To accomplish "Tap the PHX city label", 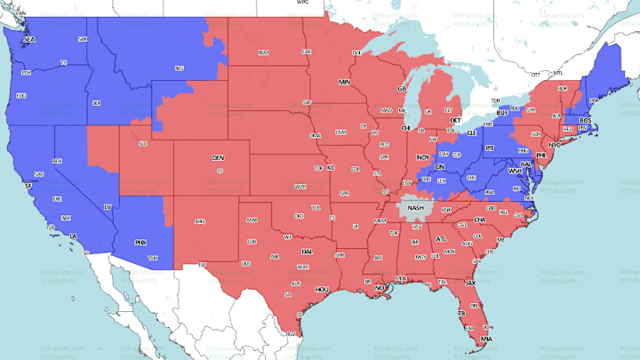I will click(x=140, y=242).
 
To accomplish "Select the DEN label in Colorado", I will click(x=218, y=157).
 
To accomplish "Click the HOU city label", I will click(x=322, y=289).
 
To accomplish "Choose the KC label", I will click(x=330, y=167).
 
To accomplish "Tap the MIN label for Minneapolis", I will click(x=344, y=82).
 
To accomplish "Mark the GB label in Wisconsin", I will click(x=402, y=89).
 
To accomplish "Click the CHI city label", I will click(x=406, y=128).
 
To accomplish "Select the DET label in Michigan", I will click(x=454, y=120).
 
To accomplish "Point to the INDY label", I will click(x=423, y=157).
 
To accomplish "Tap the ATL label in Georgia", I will click(x=441, y=238).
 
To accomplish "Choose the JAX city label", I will click(x=471, y=283).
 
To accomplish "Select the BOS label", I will click(x=585, y=119).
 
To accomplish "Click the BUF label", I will click(x=503, y=114).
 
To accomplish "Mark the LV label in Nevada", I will click(x=108, y=207).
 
